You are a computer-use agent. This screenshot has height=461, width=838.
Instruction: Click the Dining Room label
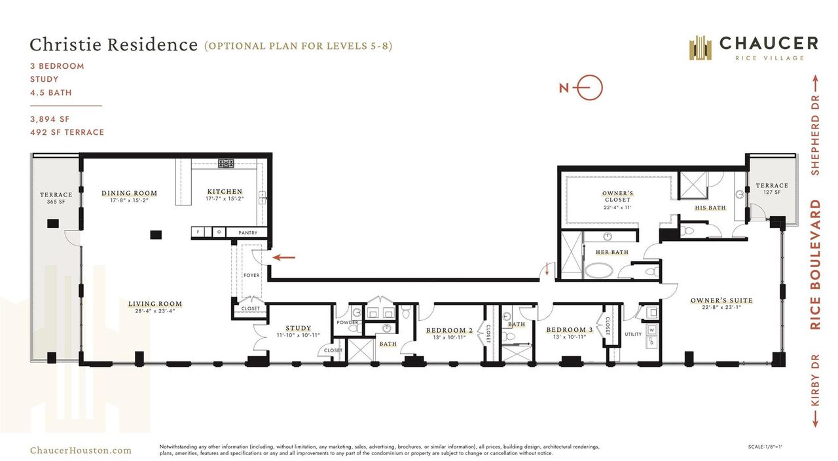tap(129, 193)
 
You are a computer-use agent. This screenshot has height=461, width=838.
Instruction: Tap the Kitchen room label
tap(225, 192)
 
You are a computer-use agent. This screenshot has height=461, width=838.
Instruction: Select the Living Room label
tap(155, 304)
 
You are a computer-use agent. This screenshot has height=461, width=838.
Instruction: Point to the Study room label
tap(298, 328)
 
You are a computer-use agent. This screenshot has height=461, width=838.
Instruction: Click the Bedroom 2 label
tap(449, 330)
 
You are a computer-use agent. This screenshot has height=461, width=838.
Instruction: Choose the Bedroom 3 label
tap(570, 330)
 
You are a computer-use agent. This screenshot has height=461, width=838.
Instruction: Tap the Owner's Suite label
tap(721, 301)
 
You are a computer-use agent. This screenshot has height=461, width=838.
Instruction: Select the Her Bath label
tap(611, 252)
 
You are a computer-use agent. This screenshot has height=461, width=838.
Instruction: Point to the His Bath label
tap(710, 208)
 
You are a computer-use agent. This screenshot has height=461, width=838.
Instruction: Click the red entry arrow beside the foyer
tap(283, 257)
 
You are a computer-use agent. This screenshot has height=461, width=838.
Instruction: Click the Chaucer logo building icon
tap(700, 48)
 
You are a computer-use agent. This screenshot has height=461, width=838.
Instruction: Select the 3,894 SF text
tap(50, 119)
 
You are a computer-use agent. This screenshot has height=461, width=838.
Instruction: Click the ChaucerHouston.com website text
tap(81, 450)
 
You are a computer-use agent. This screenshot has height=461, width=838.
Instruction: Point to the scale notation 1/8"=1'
tap(765, 447)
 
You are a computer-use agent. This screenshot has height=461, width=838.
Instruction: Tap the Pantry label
tap(247, 232)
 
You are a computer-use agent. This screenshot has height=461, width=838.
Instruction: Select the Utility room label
tap(633, 334)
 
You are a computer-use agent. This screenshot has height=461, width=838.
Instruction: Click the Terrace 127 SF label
tap(771, 189)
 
